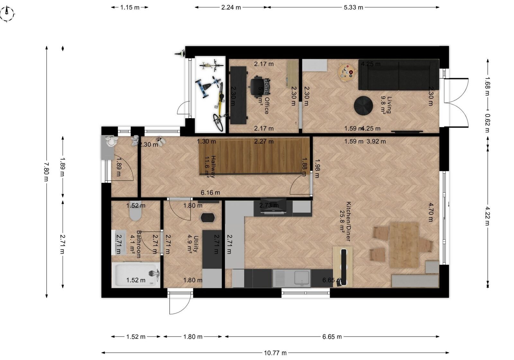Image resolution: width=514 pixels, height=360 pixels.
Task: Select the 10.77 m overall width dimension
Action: pos(275,353)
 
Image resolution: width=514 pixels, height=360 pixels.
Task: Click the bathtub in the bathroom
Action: pos(136,274)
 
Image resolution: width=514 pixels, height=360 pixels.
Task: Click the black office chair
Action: pos(258,86)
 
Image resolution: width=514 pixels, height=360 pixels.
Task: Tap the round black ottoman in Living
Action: pos(363,105)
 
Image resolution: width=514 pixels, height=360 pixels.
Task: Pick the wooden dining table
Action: pos(404,245)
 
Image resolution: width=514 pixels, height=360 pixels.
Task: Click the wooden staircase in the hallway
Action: pos(254,156)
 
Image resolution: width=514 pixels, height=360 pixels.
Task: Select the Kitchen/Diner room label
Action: pos(345,222)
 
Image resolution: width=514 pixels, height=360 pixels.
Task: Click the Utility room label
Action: pos(193,244)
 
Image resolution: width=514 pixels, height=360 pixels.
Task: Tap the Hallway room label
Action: pos(210,167)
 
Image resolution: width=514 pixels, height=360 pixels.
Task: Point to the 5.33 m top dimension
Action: pos(353,7)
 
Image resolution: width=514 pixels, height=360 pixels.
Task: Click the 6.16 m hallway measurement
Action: pos(210,193)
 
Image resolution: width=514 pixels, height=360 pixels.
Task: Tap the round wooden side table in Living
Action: pos(345,72)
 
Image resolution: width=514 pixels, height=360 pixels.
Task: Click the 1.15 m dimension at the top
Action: pos(130,7)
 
